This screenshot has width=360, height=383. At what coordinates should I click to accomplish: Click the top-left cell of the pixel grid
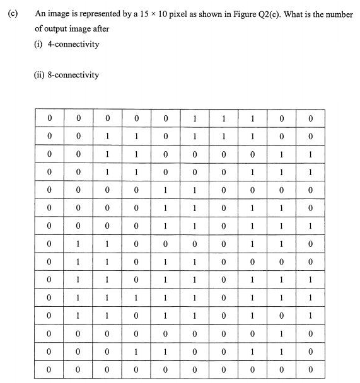coord(49,118)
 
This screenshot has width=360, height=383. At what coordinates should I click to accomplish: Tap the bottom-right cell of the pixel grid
coord(311,369)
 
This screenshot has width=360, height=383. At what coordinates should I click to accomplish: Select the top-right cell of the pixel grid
coord(311,118)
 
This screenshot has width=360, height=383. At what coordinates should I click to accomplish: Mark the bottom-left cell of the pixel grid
coord(49,369)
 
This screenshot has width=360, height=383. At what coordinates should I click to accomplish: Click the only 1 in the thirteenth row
coord(282,333)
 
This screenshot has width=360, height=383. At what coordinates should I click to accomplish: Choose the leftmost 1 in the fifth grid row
coord(165,189)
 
